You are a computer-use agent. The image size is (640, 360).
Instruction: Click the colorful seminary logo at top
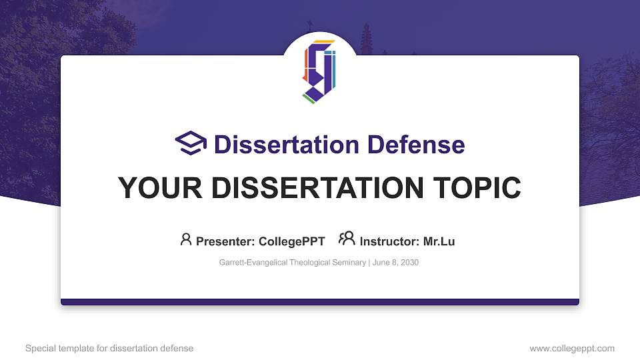point(319,71)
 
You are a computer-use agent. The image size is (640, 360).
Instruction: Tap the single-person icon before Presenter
point(186,239)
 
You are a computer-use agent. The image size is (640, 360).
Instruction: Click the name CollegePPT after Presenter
point(291,241)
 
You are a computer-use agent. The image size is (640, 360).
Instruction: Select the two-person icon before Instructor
point(347,239)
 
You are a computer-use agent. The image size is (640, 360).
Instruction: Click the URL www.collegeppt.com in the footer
point(572,348)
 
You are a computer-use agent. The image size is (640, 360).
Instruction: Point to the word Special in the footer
point(39,348)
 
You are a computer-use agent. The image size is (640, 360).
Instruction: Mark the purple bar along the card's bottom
point(320,302)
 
